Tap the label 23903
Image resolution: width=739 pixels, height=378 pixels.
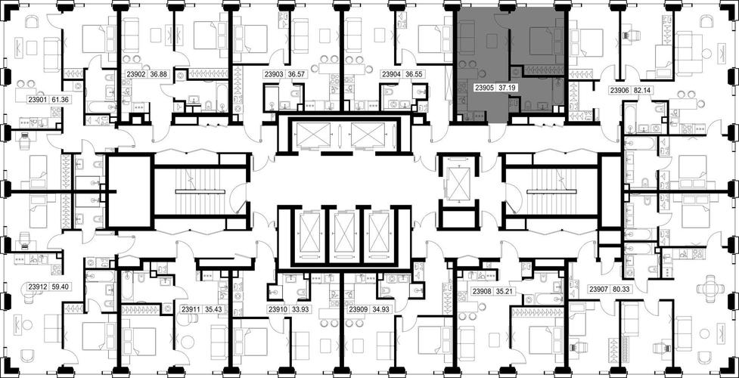(273, 74)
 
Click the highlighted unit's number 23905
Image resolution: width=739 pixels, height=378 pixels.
(483, 87)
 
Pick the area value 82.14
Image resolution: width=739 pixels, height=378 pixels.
(641, 90)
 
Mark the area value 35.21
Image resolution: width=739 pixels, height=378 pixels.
(506, 292)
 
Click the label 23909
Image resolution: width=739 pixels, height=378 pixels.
(358, 310)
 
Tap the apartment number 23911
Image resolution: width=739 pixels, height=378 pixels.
(191, 310)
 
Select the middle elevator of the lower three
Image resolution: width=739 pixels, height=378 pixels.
(345, 232)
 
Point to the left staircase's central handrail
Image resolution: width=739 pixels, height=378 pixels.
(201, 191)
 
